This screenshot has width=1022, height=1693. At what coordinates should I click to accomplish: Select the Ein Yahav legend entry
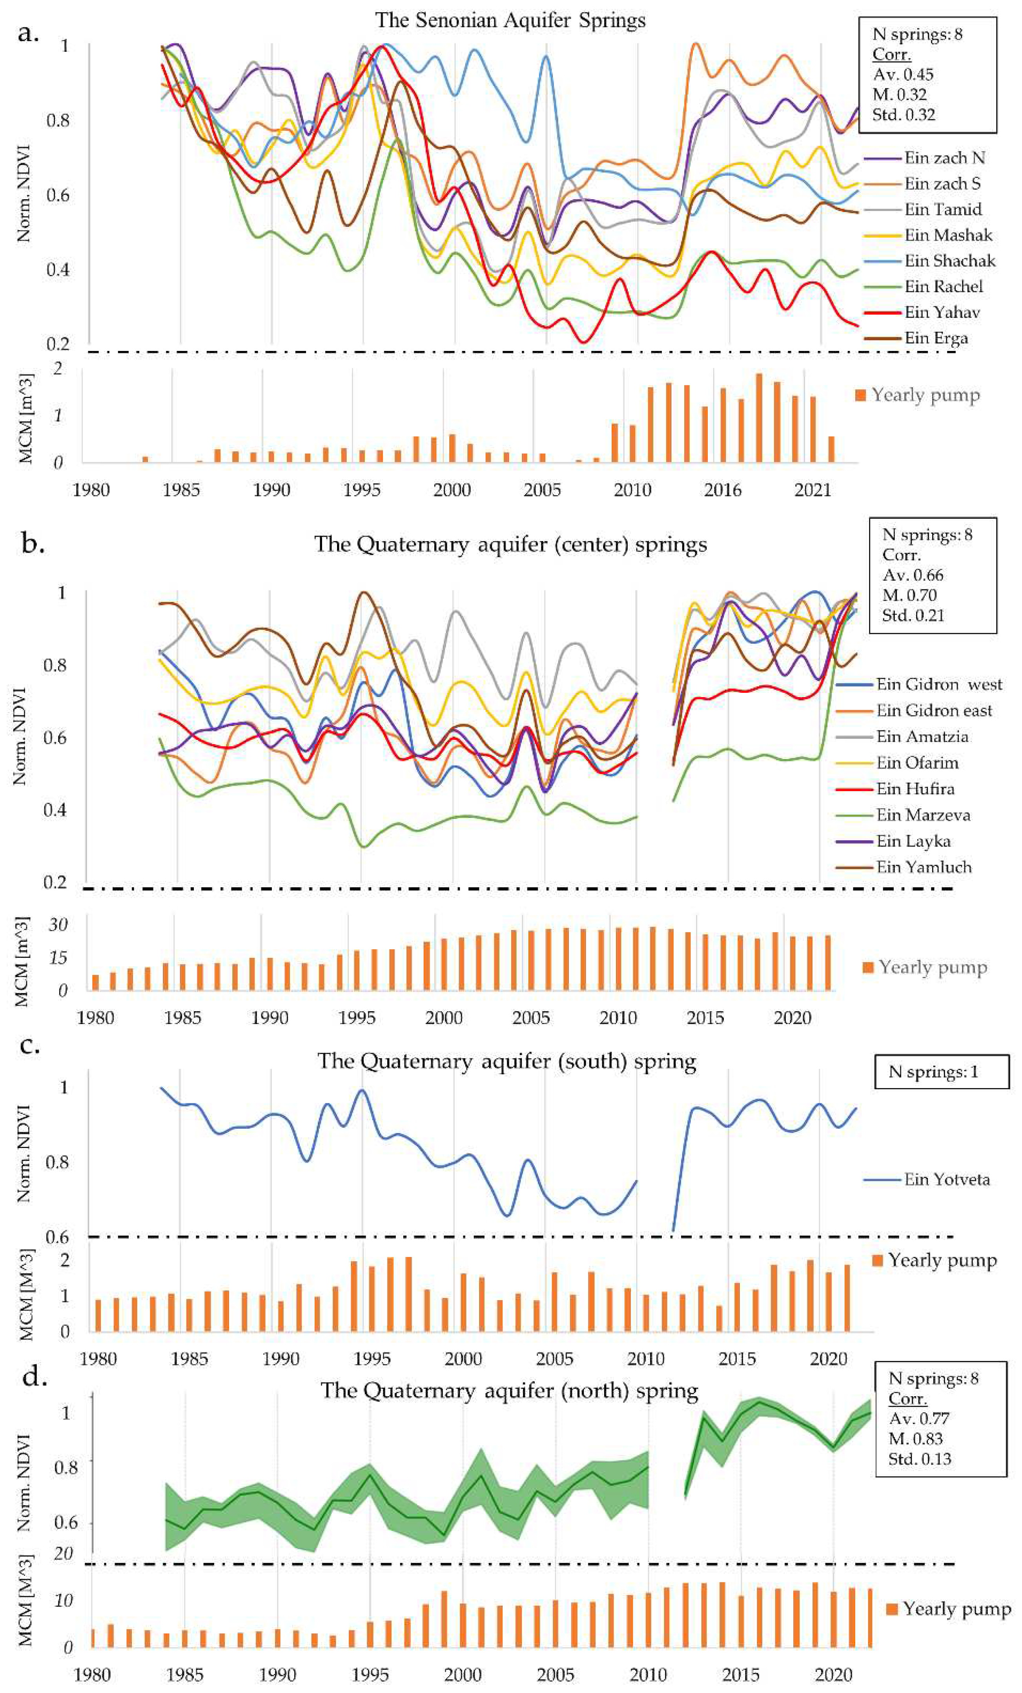942,312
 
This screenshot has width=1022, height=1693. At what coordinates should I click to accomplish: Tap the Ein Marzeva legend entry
923,816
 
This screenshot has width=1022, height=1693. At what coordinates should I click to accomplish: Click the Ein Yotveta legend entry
946,1180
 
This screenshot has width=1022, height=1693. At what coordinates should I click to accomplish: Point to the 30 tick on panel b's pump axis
58,925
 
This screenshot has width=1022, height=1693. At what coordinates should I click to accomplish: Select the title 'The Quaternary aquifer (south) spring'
506,1062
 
